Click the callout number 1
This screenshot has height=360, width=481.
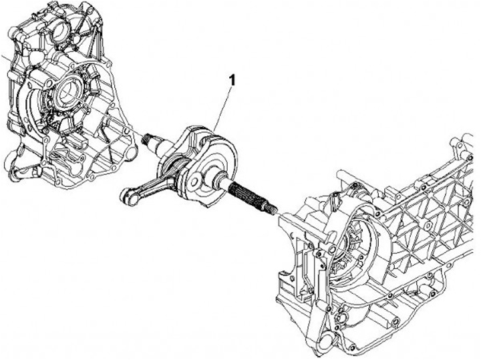point(232,79)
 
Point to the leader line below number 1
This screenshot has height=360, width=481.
point(224,107)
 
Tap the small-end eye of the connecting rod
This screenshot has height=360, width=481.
point(125,195)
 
